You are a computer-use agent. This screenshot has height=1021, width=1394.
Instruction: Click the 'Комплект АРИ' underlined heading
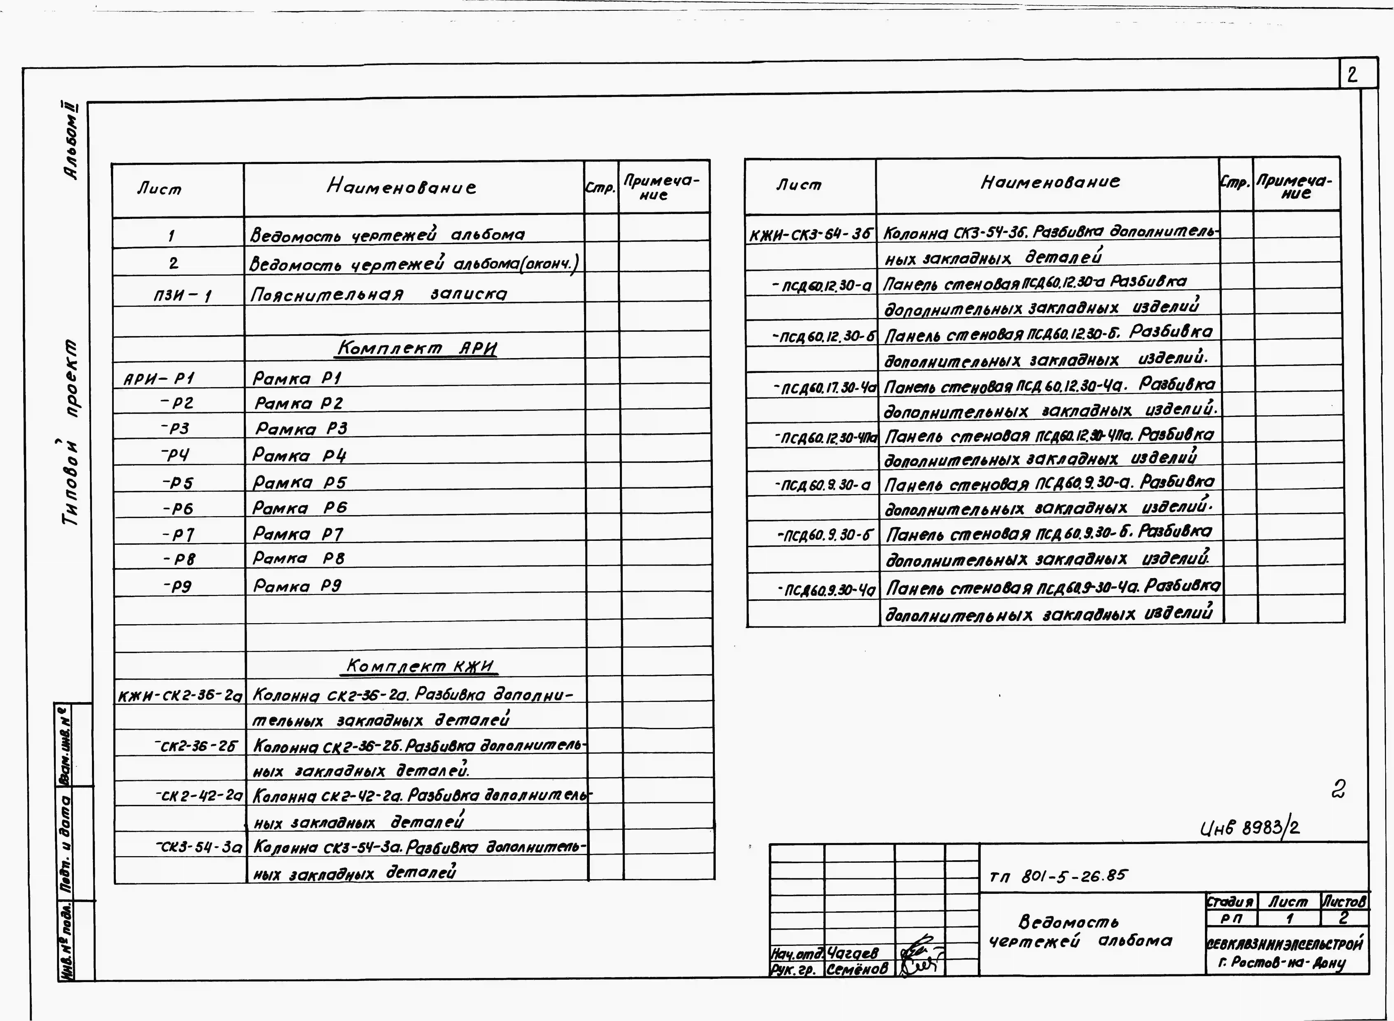(x=416, y=349)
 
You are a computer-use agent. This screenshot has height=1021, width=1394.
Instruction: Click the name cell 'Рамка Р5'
(x=300, y=482)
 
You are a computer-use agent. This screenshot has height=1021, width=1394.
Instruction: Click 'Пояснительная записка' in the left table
(x=378, y=294)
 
